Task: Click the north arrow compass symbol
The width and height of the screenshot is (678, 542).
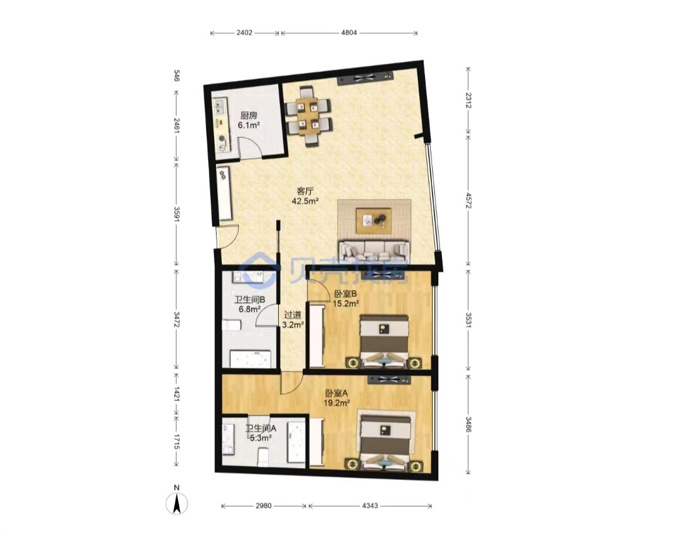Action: [x=177, y=504]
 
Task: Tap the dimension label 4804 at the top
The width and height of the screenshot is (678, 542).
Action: [x=349, y=33]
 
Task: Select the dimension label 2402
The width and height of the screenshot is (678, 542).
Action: [x=244, y=33]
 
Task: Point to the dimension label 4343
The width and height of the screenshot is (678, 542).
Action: [x=370, y=506]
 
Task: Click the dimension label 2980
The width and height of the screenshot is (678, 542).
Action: [x=263, y=506]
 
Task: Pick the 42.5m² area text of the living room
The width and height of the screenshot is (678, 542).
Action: [x=305, y=201]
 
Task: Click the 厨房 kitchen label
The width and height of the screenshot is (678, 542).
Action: [x=249, y=116]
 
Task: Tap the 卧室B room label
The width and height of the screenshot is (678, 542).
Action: [x=345, y=294]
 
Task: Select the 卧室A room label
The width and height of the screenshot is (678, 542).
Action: [x=336, y=393]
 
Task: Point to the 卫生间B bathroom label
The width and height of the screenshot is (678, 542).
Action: [x=250, y=299]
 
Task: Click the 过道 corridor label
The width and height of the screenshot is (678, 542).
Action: [x=293, y=315]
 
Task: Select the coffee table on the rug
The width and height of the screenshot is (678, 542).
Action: [x=374, y=220]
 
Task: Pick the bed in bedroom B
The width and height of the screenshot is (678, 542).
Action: [x=384, y=341]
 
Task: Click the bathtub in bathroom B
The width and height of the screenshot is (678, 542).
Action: [x=250, y=359]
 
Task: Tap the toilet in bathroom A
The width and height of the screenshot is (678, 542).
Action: [x=263, y=457]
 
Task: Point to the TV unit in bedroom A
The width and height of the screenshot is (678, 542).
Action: [x=389, y=380]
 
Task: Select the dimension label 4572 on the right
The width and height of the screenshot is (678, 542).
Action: [x=468, y=201]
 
